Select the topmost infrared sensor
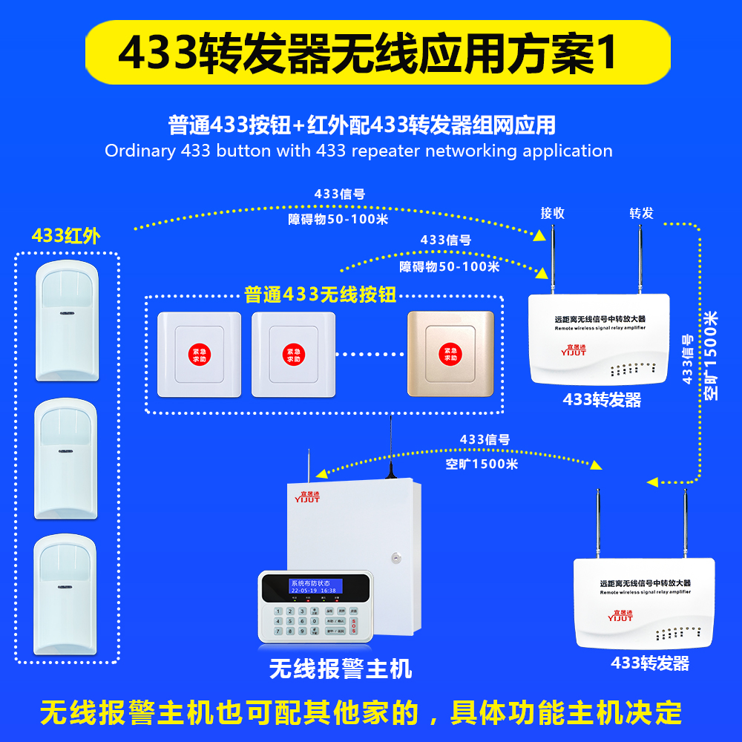click(x=67, y=319)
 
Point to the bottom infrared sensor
click(x=67, y=594)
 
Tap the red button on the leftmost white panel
click(x=199, y=353)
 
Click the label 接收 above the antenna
click(x=552, y=213)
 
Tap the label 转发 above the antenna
click(x=642, y=213)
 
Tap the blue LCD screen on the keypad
click(x=315, y=586)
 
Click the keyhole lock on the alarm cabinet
click(x=397, y=556)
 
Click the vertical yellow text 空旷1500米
click(x=711, y=356)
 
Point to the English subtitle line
click(x=358, y=151)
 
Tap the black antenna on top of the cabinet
click(x=391, y=445)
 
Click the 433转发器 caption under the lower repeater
click(x=650, y=663)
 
